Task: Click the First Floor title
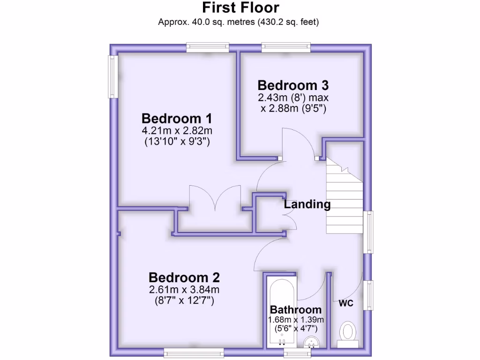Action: [x=240, y=8]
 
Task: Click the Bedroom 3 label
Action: [x=293, y=85]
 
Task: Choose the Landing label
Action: [x=307, y=204]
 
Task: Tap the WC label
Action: [x=346, y=303]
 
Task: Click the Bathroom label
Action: [x=296, y=309]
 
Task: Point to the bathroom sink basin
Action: [x=310, y=343]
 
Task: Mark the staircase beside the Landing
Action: [x=345, y=197]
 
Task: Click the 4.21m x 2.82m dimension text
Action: [x=177, y=130]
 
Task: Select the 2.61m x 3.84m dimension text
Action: [x=184, y=289]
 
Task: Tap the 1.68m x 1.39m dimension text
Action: [x=296, y=319]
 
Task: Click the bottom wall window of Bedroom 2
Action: [x=193, y=352]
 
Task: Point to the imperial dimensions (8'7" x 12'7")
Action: [x=184, y=300]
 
